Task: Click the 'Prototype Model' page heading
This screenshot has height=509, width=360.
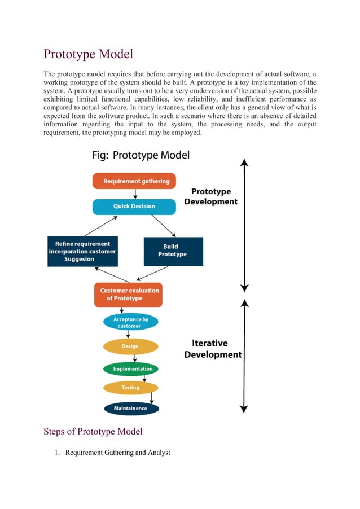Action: tap(89, 54)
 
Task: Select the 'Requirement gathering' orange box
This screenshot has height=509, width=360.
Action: tap(134, 181)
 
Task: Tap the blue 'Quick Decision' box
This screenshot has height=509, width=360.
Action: tap(134, 207)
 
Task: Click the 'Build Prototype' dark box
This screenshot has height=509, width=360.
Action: tap(173, 251)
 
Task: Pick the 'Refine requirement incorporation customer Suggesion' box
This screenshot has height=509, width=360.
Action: tap(82, 251)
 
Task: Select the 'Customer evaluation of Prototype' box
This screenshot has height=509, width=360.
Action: tap(129, 295)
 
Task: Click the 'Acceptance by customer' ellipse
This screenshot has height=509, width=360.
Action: tap(130, 322)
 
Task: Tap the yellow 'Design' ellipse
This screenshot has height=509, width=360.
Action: tap(130, 346)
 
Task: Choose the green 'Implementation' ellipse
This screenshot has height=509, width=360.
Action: tap(131, 369)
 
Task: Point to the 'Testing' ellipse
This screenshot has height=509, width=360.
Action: tap(130, 388)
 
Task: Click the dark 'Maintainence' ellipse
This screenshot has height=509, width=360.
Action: tap(131, 408)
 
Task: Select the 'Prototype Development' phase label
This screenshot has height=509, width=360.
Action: tap(210, 196)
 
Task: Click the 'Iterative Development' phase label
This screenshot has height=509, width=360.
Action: tap(213, 349)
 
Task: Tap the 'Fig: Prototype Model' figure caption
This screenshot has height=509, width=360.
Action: tap(141, 155)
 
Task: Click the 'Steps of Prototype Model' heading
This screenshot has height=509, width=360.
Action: tap(93, 432)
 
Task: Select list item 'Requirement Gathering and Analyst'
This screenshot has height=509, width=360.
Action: tap(117, 453)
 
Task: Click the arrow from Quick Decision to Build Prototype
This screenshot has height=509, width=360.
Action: tap(164, 225)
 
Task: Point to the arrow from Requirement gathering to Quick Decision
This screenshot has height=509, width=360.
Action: tap(135, 194)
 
